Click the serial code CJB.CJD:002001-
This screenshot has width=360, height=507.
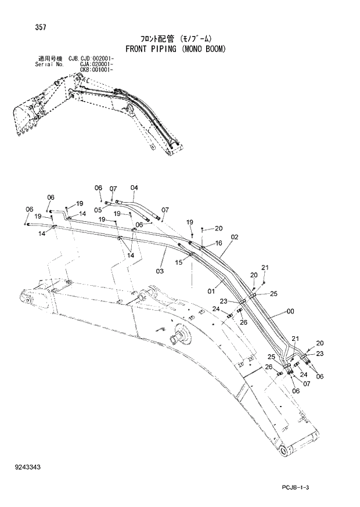coord(91,59)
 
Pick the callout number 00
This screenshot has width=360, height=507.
coord(290,312)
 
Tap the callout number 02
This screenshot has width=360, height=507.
coord(234,237)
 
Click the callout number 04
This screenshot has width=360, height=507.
coord(134,188)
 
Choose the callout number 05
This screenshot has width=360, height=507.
coord(98,210)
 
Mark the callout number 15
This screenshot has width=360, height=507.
coord(179,263)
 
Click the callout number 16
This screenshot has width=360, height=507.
coord(218,243)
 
